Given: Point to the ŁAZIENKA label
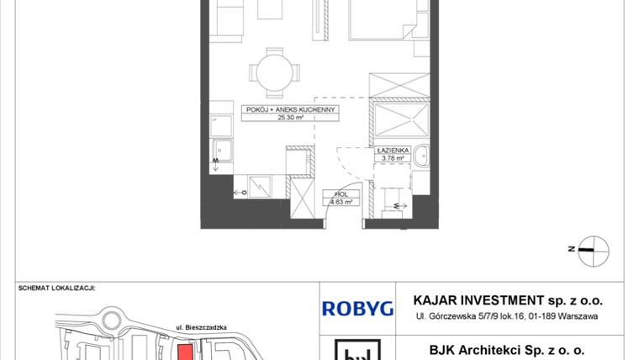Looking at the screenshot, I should coord(392,149).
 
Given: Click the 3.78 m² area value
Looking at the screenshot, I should coord(393,157).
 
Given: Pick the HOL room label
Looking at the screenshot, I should coord(341,194).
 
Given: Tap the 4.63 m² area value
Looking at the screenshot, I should coord(341,202).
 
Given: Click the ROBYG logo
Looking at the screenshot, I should coord(357,309).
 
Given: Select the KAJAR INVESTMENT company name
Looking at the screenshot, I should coord(508,300).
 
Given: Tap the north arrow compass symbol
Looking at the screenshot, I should coord(593,248).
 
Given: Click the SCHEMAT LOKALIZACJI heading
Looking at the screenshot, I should coord(57,288).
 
